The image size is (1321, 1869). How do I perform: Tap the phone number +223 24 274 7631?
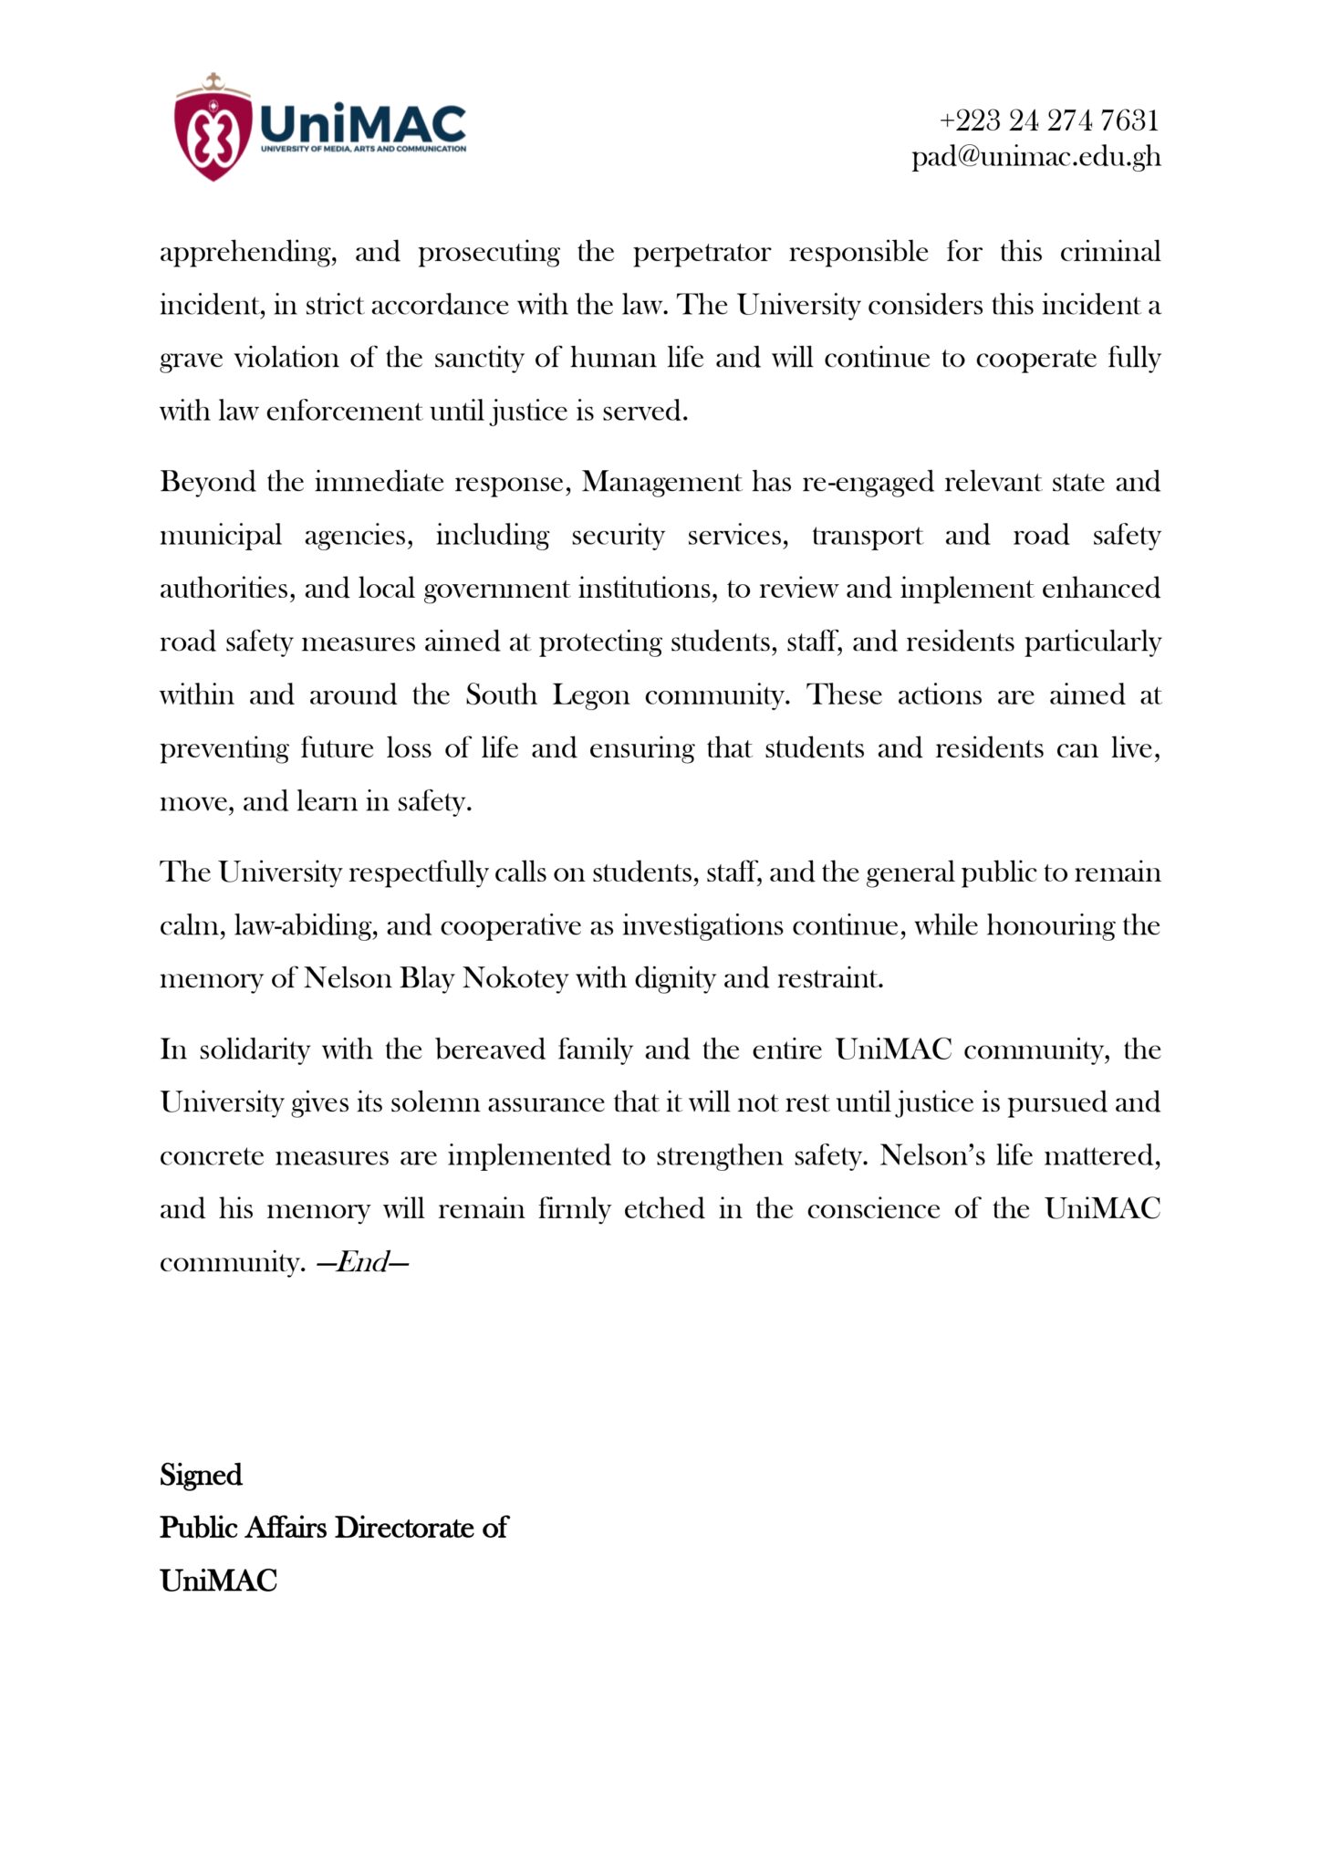point(1049,120)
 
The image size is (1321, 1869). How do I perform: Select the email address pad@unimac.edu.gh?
point(1036,157)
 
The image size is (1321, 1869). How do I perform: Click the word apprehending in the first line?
point(247,253)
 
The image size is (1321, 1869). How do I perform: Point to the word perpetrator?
point(702,253)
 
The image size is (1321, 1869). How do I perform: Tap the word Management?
point(661,482)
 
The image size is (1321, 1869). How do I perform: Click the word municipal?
point(220,536)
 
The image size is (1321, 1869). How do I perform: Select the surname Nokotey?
point(515,978)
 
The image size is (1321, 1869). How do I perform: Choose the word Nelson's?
point(931,1156)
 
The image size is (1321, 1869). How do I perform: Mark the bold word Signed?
point(201,1476)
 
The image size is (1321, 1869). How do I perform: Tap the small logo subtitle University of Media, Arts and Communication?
point(363,149)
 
